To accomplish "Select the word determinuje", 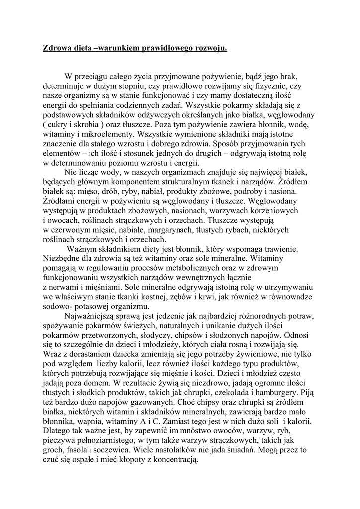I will pyautogui.click(x=64, y=86).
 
